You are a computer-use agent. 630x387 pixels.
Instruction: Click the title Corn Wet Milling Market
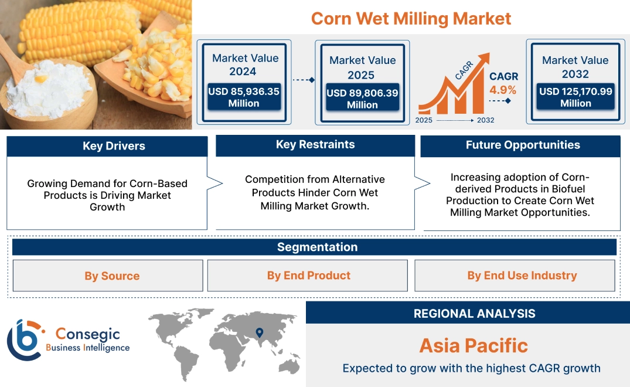click(411, 18)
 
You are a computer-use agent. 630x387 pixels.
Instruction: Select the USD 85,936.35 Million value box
click(243, 97)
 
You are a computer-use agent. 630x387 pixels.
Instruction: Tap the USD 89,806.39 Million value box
click(362, 99)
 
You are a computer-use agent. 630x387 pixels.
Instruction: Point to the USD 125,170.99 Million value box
click(575, 97)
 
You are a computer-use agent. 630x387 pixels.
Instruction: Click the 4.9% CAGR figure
click(503, 90)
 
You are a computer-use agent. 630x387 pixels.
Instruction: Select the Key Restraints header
click(315, 145)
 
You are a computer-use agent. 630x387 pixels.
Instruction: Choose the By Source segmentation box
click(112, 276)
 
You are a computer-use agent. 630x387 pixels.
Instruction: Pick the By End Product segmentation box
click(308, 276)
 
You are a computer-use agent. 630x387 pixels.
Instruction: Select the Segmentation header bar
click(316, 247)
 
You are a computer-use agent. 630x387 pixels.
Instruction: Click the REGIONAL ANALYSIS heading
click(474, 314)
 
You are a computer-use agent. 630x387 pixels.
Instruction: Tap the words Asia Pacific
click(474, 345)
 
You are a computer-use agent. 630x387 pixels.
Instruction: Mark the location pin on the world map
click(259, 333)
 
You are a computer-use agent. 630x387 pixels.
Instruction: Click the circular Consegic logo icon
click(24, 340)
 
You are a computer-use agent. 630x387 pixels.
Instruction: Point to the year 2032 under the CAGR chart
click(485, 120)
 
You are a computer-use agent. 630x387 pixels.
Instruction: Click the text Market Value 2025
click(362, 67)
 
